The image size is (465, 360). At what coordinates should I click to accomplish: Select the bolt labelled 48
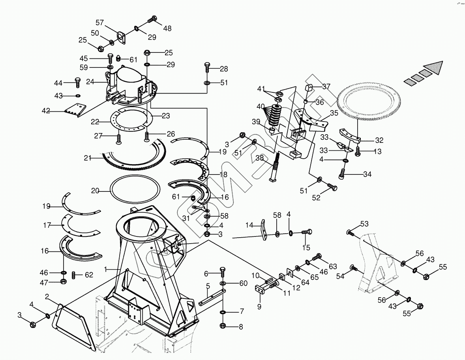(x=152, y=19)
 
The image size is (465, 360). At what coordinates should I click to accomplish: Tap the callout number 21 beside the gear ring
(x=88, y=158)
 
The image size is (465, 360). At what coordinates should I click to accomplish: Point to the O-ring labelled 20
(x=135, y=191)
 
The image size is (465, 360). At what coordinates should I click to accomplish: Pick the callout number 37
(x=326, y=86)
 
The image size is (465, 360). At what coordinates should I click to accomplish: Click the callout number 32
(x=379, y=140)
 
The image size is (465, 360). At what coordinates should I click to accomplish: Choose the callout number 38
(x=260, y=158)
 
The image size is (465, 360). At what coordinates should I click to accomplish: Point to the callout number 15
(x=306, y=247)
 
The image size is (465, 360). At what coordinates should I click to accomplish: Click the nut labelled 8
(x=222, y=326)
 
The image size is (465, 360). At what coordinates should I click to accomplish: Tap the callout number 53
(x=364, y=225)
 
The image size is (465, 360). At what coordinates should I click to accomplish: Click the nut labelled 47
(x=63, y=281)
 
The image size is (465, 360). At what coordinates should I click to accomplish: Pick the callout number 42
(x=46, y=111)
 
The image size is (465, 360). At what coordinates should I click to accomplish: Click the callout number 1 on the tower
(x=105, y=269)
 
